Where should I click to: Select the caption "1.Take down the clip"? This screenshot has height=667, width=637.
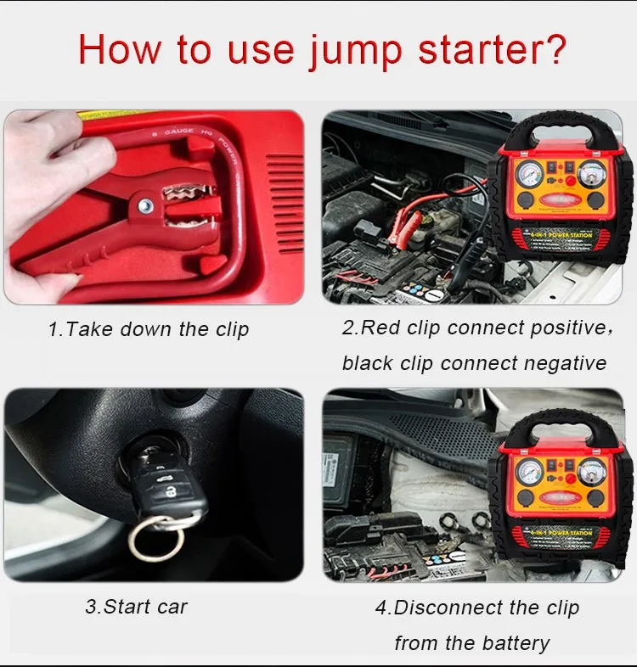click(x=149, y=330)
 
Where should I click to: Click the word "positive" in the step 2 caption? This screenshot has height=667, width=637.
click(x=552, y=328)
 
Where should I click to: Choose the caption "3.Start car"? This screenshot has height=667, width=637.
click(x=136, y=607)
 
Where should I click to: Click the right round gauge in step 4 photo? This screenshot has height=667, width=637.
click(x=593, y=472)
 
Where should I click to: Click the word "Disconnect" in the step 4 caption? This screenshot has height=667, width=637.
click(x=451, y=608)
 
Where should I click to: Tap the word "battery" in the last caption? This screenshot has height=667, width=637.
click(x=513, y=644)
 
